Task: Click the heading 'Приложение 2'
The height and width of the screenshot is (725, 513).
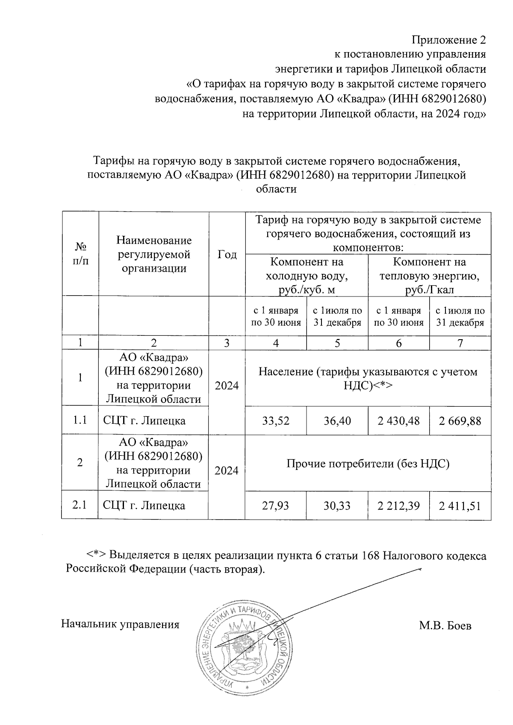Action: pos(448,40)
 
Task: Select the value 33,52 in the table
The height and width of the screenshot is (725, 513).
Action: pos(276,421)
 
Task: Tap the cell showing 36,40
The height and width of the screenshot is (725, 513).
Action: pos(337,421)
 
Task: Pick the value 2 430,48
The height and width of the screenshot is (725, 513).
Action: pos(398,421)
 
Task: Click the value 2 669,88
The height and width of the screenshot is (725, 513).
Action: pos(460,421)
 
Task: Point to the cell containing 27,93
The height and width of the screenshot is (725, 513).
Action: pos(276,506)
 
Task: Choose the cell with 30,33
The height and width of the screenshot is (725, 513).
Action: pos(337,506)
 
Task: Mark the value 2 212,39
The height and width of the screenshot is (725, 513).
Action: pos(398,506)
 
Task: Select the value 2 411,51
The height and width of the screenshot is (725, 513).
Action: pos(460,506)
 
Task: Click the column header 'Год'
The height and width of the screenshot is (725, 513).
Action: pos(227,255)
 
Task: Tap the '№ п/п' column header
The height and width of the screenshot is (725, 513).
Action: pos(80,254)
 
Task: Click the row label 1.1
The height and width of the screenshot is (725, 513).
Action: pos(80,420)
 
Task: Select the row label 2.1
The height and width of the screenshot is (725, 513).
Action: pos(80,505)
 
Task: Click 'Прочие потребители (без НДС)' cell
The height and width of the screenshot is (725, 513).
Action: pos(368,464)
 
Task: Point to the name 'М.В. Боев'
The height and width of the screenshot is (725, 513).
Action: pos(445,626)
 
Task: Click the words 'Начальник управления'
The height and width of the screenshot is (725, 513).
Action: pos(120,624)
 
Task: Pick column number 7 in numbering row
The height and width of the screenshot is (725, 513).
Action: pos(460,343)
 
